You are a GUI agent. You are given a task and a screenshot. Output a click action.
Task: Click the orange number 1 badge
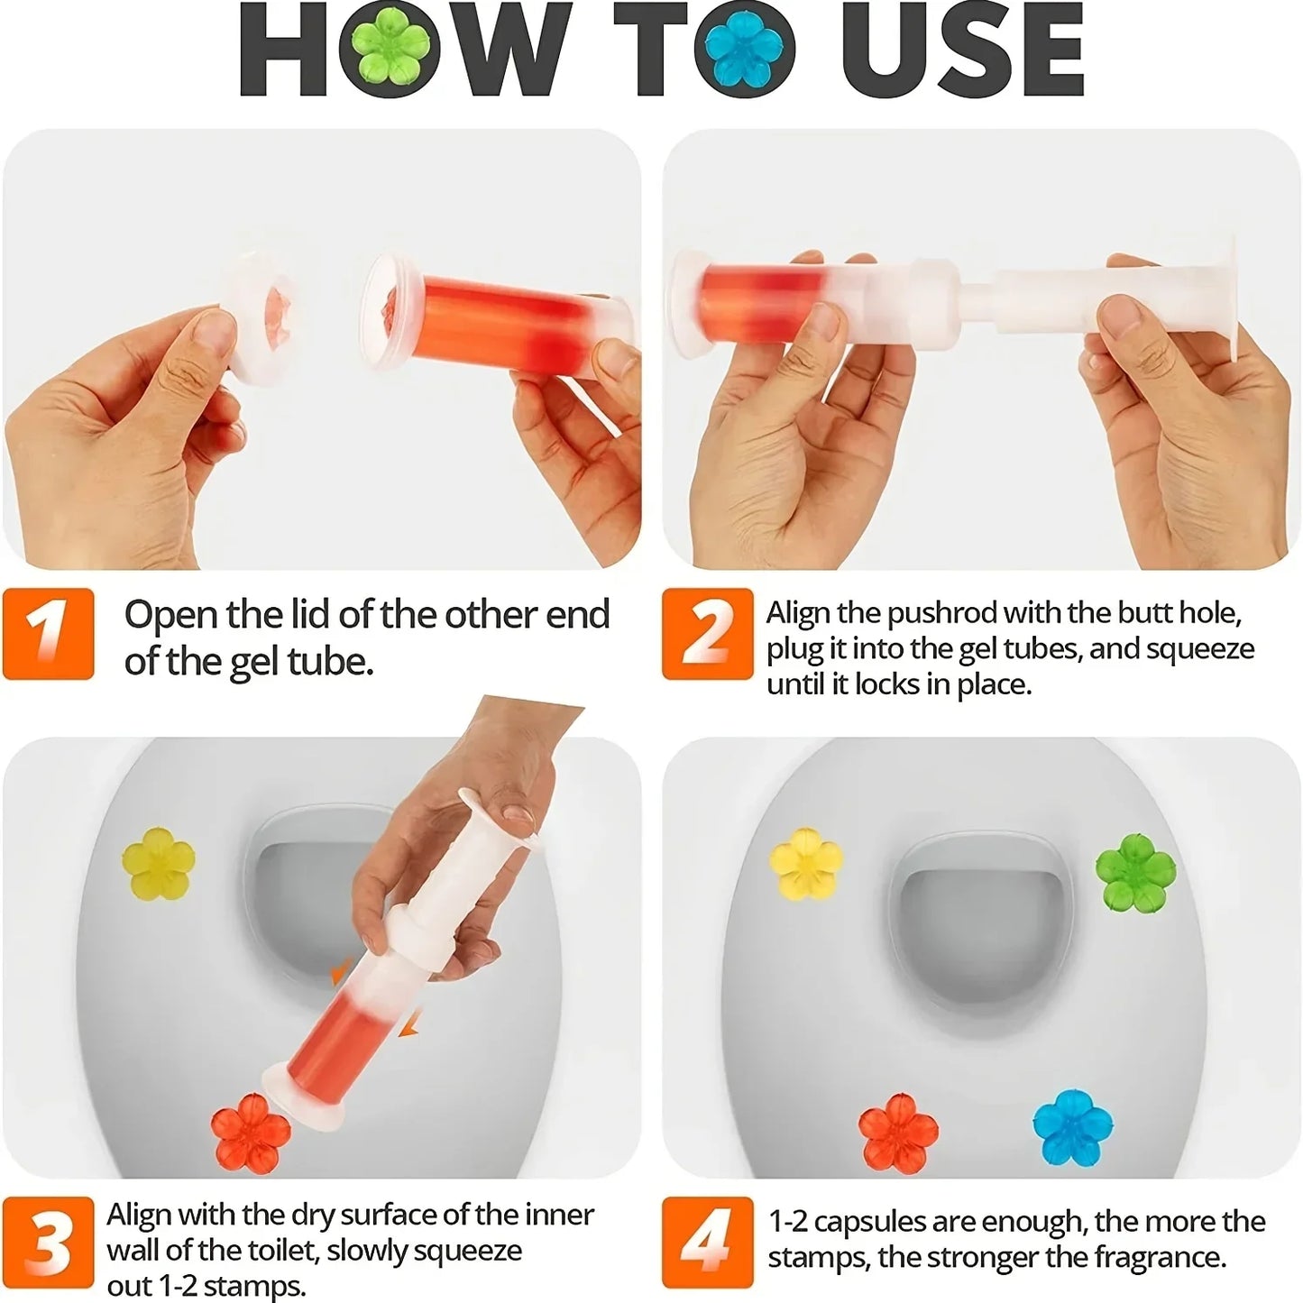coord(48,633)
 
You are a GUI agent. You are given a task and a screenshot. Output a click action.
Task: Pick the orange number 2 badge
coord(707,633)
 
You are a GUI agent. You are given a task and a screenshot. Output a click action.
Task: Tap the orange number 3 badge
coord(48,1243)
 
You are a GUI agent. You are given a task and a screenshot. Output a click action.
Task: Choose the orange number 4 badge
coord(707,1243)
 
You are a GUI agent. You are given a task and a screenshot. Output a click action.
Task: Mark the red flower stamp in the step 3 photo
coord(252,1133)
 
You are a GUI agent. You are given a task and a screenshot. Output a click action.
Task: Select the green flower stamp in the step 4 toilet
coord(1135,873)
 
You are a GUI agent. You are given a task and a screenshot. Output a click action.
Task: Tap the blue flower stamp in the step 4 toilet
coord(1072,1127)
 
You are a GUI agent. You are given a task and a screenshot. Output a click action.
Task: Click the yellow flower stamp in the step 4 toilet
coord(806,863)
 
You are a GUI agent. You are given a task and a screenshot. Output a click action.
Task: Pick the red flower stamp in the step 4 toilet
coord(897,1133)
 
